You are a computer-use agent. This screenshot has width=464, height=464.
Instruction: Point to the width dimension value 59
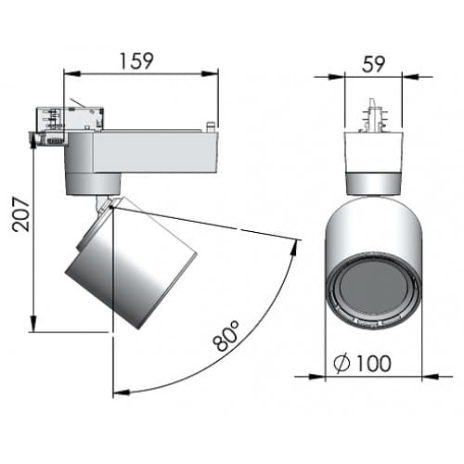pyautogui.click(x=373, y=63)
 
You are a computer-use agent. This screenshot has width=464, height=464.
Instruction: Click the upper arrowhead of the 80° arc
pyautogui.click(x=297, y=246)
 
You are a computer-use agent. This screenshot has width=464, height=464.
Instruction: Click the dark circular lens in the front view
pyautogui.click(x=372, y=290)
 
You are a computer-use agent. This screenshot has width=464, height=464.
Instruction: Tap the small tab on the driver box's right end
pyautogui.click(x=213, y=125)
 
